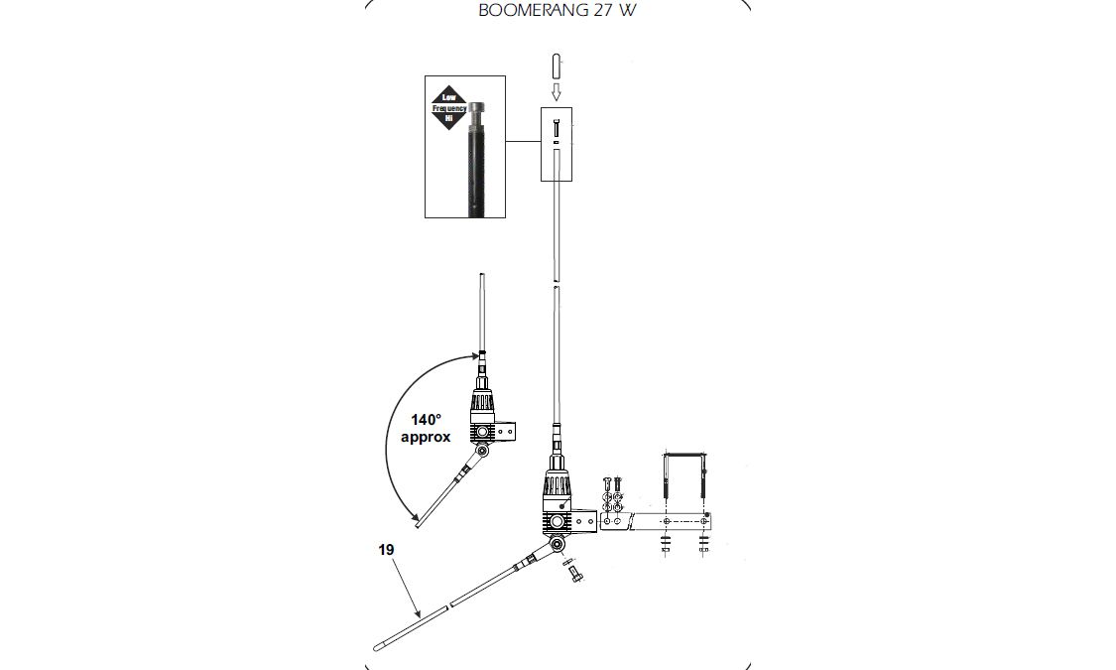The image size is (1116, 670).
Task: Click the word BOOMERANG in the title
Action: pyautogui.click(x=528, y=11)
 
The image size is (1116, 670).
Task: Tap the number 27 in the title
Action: pyautogui.click(x=597, y=11)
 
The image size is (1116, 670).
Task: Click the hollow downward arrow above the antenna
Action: pyautogui.click(x=557, y=92)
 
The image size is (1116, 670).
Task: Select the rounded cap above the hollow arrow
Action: pyautogui.click(x=557, y=67)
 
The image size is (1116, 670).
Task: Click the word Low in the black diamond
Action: pyautogui.click(x=449, y=97)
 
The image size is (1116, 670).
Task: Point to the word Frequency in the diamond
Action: pyautogui.click(x=449, y=108)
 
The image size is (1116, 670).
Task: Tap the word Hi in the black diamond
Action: pyautogui.click(x=449, y=119)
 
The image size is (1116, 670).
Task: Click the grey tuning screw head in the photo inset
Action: pyautogui.click(x=478, y=110)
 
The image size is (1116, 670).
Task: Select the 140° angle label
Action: pyautogui.click(x=427, y=420)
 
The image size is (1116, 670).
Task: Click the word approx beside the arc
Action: pyautogui.click(x=426, y=437)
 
